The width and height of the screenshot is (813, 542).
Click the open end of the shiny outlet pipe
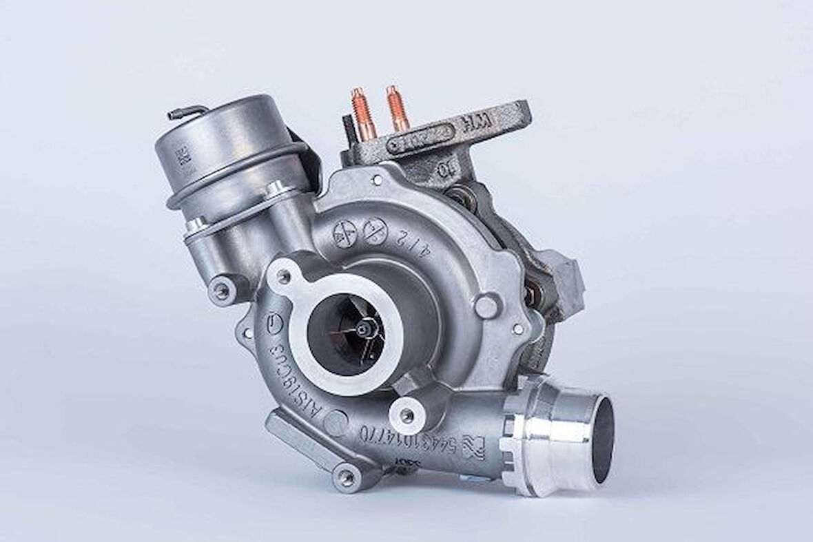(601, 438)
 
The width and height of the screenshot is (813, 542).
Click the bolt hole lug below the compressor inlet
(407, 415)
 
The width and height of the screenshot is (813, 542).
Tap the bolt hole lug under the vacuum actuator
(221, 291)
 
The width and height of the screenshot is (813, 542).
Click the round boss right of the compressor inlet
(486, 306)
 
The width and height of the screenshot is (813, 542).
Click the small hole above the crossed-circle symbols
(378, 180)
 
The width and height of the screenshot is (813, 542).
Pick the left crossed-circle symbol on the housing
(345, 231)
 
